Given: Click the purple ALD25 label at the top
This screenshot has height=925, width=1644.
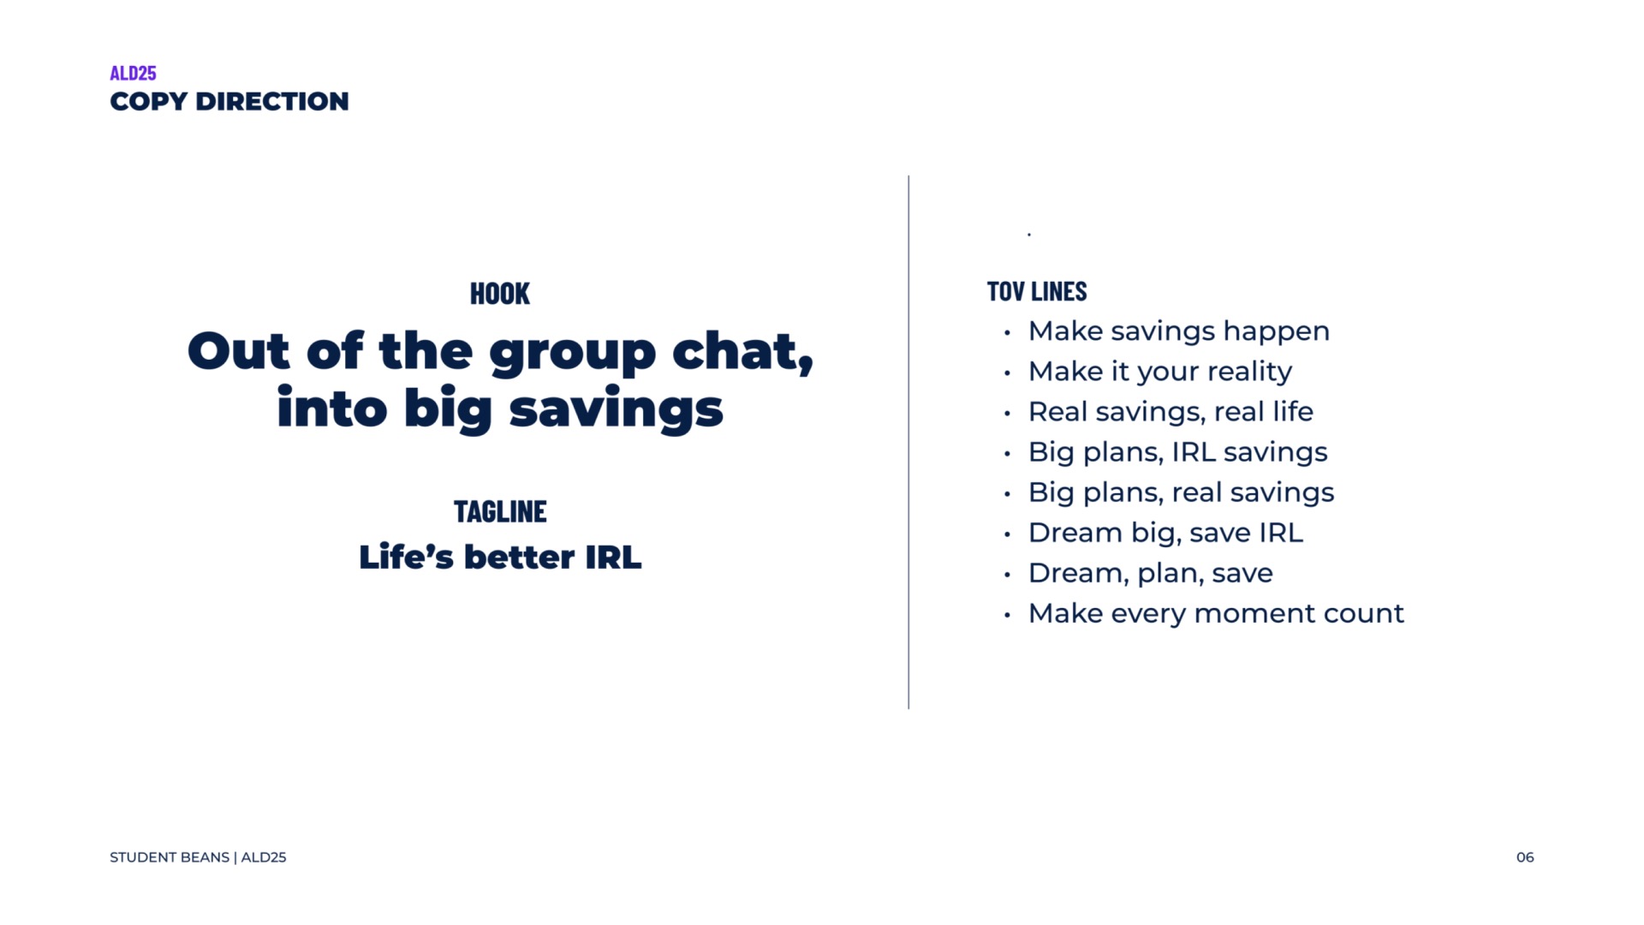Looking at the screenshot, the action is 133,73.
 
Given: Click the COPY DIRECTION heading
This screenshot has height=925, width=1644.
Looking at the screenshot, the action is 229,101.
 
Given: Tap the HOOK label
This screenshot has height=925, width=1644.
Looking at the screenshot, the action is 500,294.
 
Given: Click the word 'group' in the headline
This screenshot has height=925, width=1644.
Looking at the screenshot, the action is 573,354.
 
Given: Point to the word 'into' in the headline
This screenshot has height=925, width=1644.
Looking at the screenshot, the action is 332,408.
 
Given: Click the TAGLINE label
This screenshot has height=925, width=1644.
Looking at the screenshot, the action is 500,511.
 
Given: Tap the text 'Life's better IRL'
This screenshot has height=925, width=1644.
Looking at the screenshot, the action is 500,557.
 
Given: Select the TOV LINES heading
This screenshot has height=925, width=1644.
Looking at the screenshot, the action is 1037,291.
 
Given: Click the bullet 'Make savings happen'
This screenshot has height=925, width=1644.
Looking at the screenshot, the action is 1179,331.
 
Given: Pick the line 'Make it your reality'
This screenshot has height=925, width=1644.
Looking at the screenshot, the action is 1160,372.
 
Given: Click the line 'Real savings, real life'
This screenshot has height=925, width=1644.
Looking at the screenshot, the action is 1170,412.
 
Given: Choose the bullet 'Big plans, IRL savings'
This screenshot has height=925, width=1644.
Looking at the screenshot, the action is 1178,452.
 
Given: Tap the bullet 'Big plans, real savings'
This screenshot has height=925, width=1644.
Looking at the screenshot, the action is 1182,492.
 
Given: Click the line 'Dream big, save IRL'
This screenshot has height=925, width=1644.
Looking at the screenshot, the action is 1165,533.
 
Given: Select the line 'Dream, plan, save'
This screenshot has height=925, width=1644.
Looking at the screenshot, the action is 1151,573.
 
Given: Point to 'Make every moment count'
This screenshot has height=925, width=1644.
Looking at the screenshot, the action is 1216,613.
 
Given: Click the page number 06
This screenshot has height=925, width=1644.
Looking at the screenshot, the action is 1525,857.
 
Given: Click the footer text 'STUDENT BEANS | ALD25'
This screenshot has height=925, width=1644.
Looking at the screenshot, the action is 198,857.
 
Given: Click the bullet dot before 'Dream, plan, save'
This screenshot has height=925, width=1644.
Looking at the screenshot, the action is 1008,575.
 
